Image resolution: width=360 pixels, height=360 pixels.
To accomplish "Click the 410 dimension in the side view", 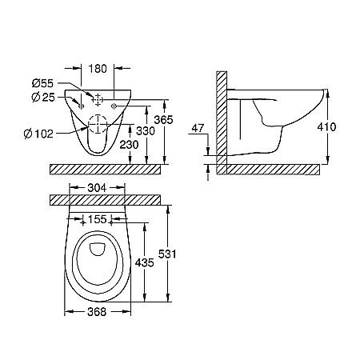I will (339, 126).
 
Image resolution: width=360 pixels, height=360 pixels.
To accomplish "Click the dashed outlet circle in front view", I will (98, 125).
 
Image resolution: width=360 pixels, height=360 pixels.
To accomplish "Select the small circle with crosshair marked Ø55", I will (98, 100).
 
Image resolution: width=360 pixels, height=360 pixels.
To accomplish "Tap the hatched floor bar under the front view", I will (109, 169).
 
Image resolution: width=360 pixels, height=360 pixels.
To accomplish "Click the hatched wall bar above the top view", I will (109, 197).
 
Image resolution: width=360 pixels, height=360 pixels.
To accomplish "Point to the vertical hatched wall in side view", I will (221, 120).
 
